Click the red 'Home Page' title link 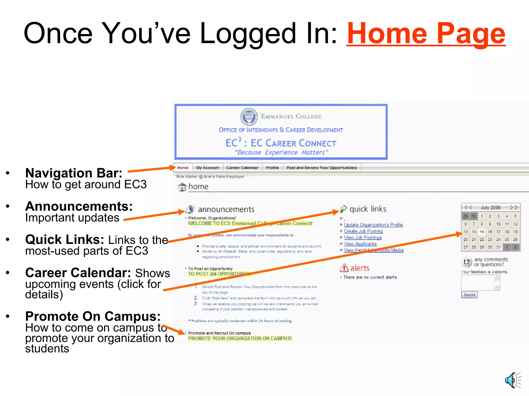pyautogui.click(x=426, y=34)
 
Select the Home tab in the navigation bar pyautogui.click(x=183, y=168)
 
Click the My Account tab pyautogui.click(x=207, y=168)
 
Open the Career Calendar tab pyautogui.click(x=242, y=168)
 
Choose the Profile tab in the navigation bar pyautogui.click(x=272, y=168)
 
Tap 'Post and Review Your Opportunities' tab pyautogui.click(x=321, y=168)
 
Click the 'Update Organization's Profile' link pyautogui.click(x=373, y=225)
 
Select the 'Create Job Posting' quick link pyautogui.click(x=363, y=231)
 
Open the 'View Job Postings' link pyautogui.click(x=363, y=237)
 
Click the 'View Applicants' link pyautogui.click(x=360, y=244)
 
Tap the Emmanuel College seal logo pyautogui.click(x=249, y=117)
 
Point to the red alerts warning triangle pyautogui.click(x=344, y=268)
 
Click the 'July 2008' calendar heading pyautogui.click(x=491, y=208)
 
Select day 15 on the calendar pyautogui.click(x=482, y=232)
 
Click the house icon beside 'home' pyautogui.click(x=182, y=187)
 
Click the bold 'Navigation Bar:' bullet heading pyautogui.click(x=74, y=173)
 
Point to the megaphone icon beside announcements pyautogui.click(x=190, y=209)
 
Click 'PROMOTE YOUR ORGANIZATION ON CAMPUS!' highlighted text pyautogui.click(x=240, y=339)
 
